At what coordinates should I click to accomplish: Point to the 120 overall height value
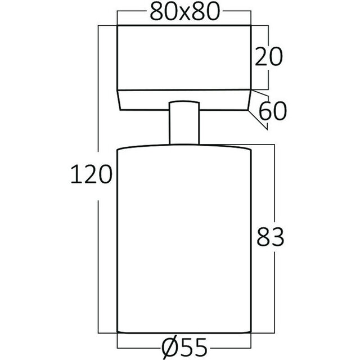pos(90,175)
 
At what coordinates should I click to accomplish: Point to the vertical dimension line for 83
pos(274,186)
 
